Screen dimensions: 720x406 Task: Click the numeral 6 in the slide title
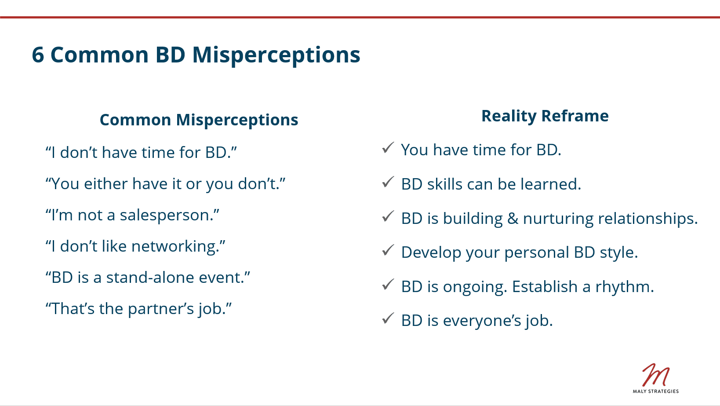coord(38,55)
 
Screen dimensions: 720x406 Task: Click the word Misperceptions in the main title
coord(276,56)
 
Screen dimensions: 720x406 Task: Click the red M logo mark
coord(656,375)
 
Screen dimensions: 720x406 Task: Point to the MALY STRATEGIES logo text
coord(656,391)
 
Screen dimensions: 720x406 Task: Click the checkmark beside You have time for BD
coord(388,148)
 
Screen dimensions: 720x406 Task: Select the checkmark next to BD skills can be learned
coord(388,182)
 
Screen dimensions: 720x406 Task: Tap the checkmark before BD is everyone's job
coord(388,318)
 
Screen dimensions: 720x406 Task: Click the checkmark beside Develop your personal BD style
coord(388,250)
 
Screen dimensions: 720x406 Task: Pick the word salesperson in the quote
coord(164,216)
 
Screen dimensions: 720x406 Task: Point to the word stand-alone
coord(150,277)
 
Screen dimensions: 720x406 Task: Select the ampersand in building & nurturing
coord(513,219)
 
